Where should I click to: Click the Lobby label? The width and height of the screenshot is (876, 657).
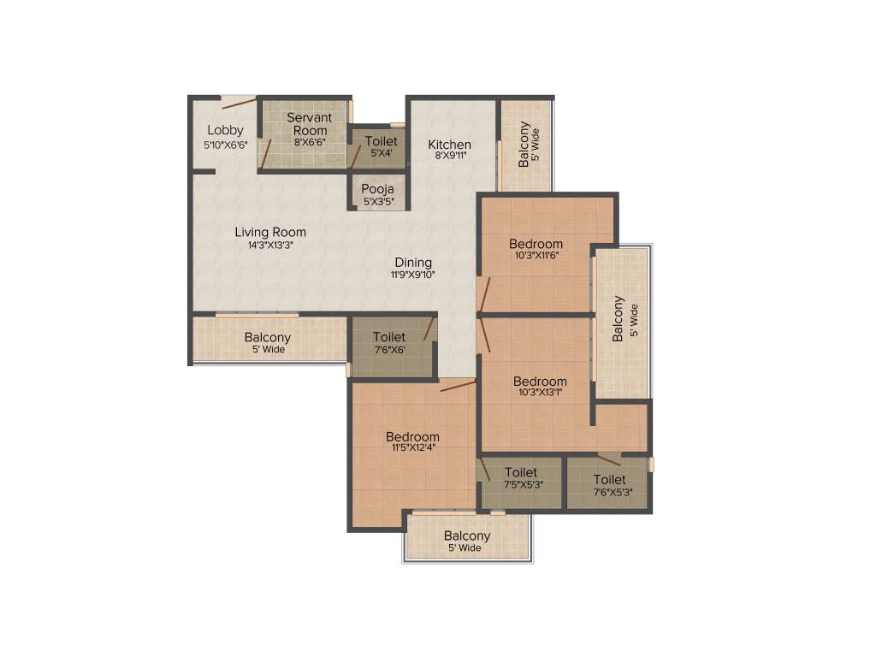pyautogui.click(x=225, y=130)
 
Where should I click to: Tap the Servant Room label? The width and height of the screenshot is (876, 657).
pyautogui.click(x=309, y=123)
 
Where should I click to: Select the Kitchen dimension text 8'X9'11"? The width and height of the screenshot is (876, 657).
pyautogui.click(x=449, y=157)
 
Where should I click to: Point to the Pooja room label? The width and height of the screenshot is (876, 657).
pyautogui.click(x=376, y=188)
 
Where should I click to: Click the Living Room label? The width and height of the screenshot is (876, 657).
pyautogui.click(x=270, y=232)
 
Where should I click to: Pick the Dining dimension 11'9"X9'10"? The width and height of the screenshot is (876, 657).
pyautogui.click(x=413, y=275)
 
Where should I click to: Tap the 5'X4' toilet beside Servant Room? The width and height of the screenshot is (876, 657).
pyautogui.click(x=380, y=146)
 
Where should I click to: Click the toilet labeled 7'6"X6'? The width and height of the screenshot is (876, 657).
pyautogui.click(x=389, y=343)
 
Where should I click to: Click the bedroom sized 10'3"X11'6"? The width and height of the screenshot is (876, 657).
pyautogui.click(x=536, y=249)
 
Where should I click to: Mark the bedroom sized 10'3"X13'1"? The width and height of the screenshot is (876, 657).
pyautogui.click(x=540, y=387)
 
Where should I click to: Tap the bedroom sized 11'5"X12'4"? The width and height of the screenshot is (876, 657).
pyautogui.click(x=412, y=441)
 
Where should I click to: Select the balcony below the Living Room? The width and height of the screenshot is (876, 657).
pyautogui.click(x=267, y=342)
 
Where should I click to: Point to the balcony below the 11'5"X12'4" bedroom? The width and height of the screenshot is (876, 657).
pyautogui.click(x=467, y=541)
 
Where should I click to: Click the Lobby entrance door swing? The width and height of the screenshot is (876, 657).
pyautogui.click(x=239, y=104)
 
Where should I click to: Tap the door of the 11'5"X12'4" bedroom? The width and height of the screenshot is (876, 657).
pyautogui.click(x=458, y=386)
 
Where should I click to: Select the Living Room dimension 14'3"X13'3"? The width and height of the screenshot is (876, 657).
pyautogui.click(x=270, y=245)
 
